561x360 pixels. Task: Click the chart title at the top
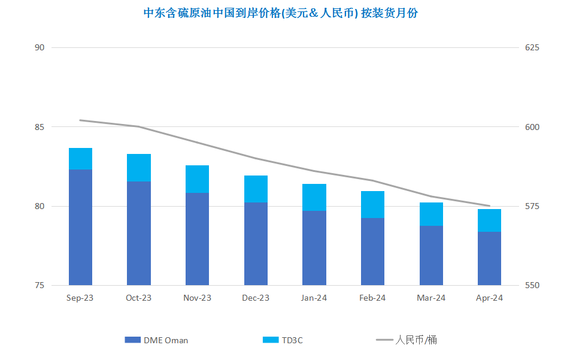[280, 13]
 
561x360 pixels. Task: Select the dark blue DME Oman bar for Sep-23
[80, 227]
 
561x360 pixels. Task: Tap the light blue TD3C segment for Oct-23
[139, 168]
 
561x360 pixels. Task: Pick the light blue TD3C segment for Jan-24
[314, 198]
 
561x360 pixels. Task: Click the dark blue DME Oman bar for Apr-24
[489, 258]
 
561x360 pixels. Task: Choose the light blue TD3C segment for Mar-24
[431, 214]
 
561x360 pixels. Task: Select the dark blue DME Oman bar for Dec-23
[256, 244]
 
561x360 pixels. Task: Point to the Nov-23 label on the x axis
[197, 298]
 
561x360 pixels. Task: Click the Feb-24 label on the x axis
[372, 298]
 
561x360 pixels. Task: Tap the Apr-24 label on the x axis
[489, 298]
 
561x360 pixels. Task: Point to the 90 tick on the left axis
[40, 47]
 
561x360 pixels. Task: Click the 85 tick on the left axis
[40, 127]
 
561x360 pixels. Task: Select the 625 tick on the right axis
[532, 47]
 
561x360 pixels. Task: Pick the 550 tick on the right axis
[532, 286]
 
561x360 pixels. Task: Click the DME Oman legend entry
[156, 340]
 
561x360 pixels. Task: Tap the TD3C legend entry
[283, 340]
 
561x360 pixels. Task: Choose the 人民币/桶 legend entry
[407, 340]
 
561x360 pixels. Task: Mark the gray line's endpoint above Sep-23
[80, 120]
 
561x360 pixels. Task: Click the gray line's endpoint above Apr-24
[489, 206]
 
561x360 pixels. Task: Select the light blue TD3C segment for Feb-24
[372, 205]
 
